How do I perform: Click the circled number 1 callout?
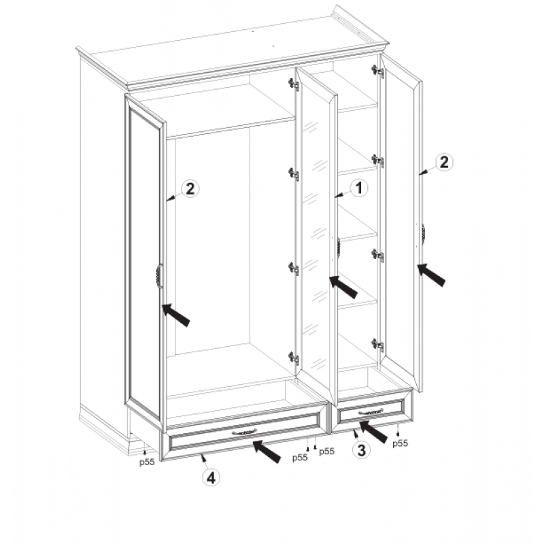click(359, 188)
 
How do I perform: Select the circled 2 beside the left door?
click(190, 189)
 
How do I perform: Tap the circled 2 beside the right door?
click(444, 162)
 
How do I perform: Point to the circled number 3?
click(361, 450)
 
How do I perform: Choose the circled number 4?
click(211, 478)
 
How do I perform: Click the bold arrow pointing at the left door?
click(176, 315)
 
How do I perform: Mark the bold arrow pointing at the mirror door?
click(343, 287)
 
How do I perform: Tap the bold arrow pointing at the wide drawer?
click(267, 451)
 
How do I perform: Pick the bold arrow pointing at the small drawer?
click(373, 432)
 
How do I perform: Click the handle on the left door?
click(158, 276)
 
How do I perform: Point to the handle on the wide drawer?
click(245, 431)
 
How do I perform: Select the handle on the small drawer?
click(371, 412)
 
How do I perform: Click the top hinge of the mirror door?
click(294, 84)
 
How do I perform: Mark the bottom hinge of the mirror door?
click(294, 358)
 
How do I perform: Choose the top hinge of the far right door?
click(378, 71)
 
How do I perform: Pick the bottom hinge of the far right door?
click(378, 345)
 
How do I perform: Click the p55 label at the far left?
click(147, 462)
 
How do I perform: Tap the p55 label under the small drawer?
click(400, 443)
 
